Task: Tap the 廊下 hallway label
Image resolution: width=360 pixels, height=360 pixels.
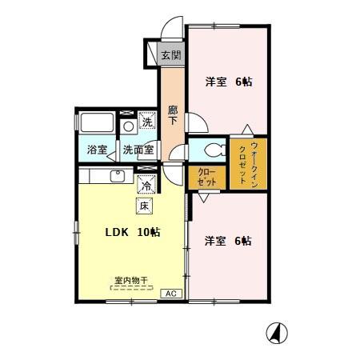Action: [x=173, y=115]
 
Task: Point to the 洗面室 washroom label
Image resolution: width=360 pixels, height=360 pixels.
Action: [x=139, y=149]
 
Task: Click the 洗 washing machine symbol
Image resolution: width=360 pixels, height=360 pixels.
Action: [x=147, y=122]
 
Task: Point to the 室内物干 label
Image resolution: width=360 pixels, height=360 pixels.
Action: [x=131, y=281]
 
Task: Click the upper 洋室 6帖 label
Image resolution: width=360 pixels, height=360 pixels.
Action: [x=228, y=81]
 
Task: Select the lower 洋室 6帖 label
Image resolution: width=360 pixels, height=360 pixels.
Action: [x=228, y=240]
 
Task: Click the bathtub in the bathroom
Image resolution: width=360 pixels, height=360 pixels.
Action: [x=97, y=126]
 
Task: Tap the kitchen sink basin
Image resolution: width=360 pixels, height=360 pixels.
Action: [x=118, y=174]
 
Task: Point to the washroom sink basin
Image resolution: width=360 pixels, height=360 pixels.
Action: [x=128, y=126]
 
